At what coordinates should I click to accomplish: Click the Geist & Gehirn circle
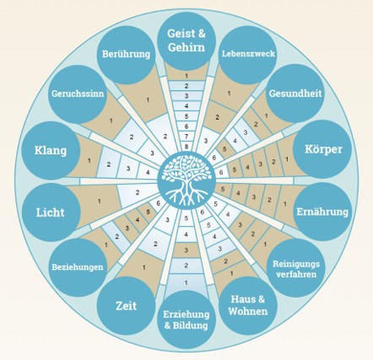[186, 41]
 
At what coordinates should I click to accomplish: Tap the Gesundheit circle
[295, 94]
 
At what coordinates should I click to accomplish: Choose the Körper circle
[322, 149]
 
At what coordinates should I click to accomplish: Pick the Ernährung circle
[322, 212]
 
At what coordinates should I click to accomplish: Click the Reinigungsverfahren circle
[296, 268]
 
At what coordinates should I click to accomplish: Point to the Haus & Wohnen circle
[248, 305]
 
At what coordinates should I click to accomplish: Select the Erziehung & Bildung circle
[186, 320]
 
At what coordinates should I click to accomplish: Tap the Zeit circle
[127, 305]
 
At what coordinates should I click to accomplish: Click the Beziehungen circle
[78, 267]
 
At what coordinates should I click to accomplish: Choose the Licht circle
[51, 212]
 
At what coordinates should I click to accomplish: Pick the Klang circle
[51, 150]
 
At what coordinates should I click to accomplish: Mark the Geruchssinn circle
[78, 94]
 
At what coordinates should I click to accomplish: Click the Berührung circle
[127, 55]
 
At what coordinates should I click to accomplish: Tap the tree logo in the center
[186, 180]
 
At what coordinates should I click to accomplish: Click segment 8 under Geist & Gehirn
[186, 147]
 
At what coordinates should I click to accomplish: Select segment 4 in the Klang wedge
[148, 172]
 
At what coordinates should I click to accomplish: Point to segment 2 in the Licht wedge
[138, 193]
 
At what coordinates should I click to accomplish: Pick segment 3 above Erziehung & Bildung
[186, 250]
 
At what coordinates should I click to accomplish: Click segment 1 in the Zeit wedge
[143, 267]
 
